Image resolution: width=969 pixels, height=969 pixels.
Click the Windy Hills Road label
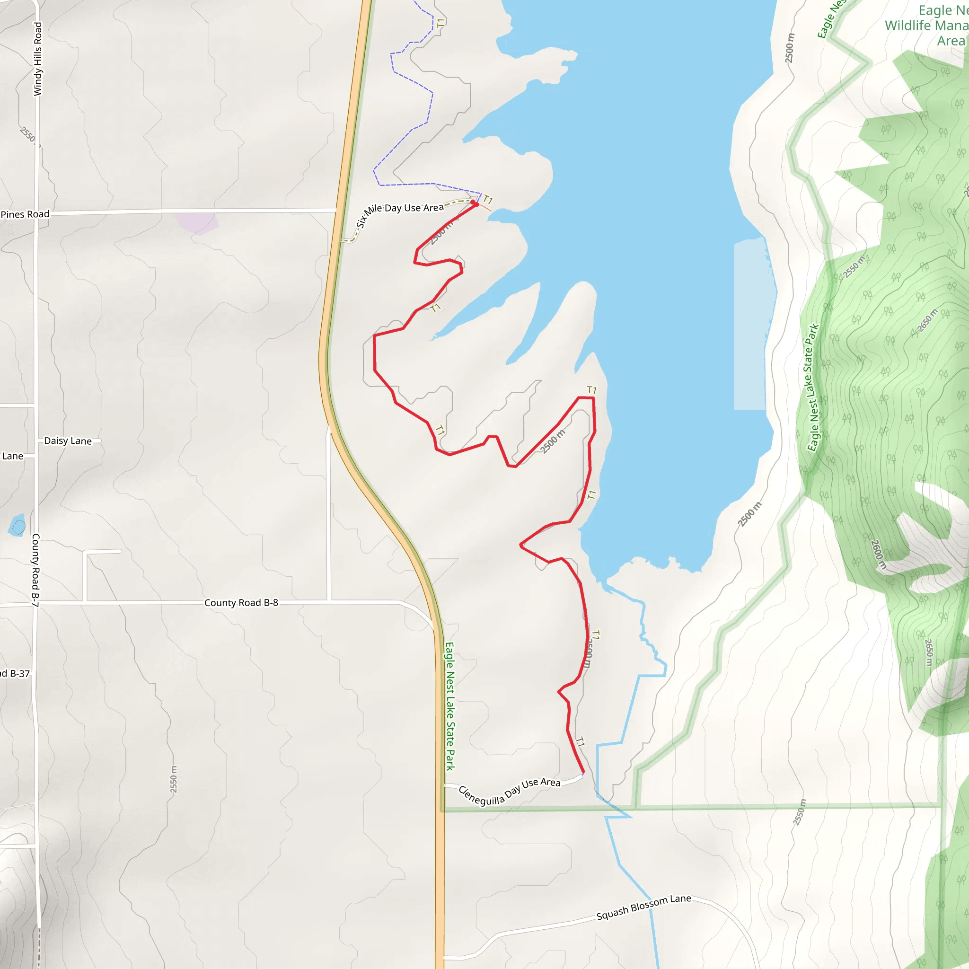click(x=38, y=59)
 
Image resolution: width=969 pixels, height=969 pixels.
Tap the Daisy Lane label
click(x=68, y=441)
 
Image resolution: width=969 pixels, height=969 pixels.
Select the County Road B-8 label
click(x=241, y=602)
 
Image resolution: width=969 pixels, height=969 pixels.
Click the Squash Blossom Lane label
click(x=643, y=907)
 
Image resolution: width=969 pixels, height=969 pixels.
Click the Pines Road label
click(x=25, y=215)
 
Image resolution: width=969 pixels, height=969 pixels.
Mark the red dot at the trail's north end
click(x=473, y=203)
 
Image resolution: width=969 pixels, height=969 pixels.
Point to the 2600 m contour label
click(x=878, y=554)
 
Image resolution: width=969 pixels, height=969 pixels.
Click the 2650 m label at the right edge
click(x=928, y=652)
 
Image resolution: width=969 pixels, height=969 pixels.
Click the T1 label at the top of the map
click(x=440, y=23)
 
